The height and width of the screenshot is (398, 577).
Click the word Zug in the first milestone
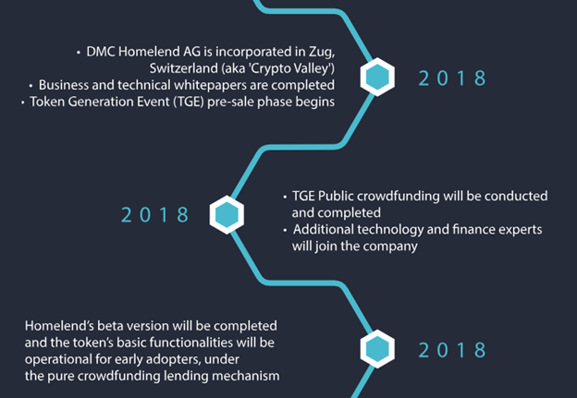321,53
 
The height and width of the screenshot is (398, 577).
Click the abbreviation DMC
101,52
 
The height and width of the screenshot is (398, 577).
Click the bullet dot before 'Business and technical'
31,86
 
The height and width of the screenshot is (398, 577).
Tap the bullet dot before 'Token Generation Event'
22,103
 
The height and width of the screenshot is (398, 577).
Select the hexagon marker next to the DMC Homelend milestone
377,78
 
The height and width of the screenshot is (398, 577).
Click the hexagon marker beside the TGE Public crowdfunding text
227,215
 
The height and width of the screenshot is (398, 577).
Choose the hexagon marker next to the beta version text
377,349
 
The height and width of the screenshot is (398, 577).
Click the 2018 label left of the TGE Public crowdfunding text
155,215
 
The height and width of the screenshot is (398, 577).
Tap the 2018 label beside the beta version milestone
452,350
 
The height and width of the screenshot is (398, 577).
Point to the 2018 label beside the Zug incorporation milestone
452,78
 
